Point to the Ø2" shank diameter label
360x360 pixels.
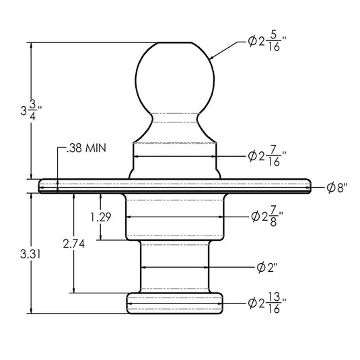pyautogui.click(x=267, y=267)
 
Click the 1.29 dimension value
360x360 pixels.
pyautogui.click(x=100, y=217)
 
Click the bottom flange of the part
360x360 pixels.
pyautogui.click(x=176, y=303)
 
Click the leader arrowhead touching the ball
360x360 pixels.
pyautogui.click(x=211, y=59)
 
